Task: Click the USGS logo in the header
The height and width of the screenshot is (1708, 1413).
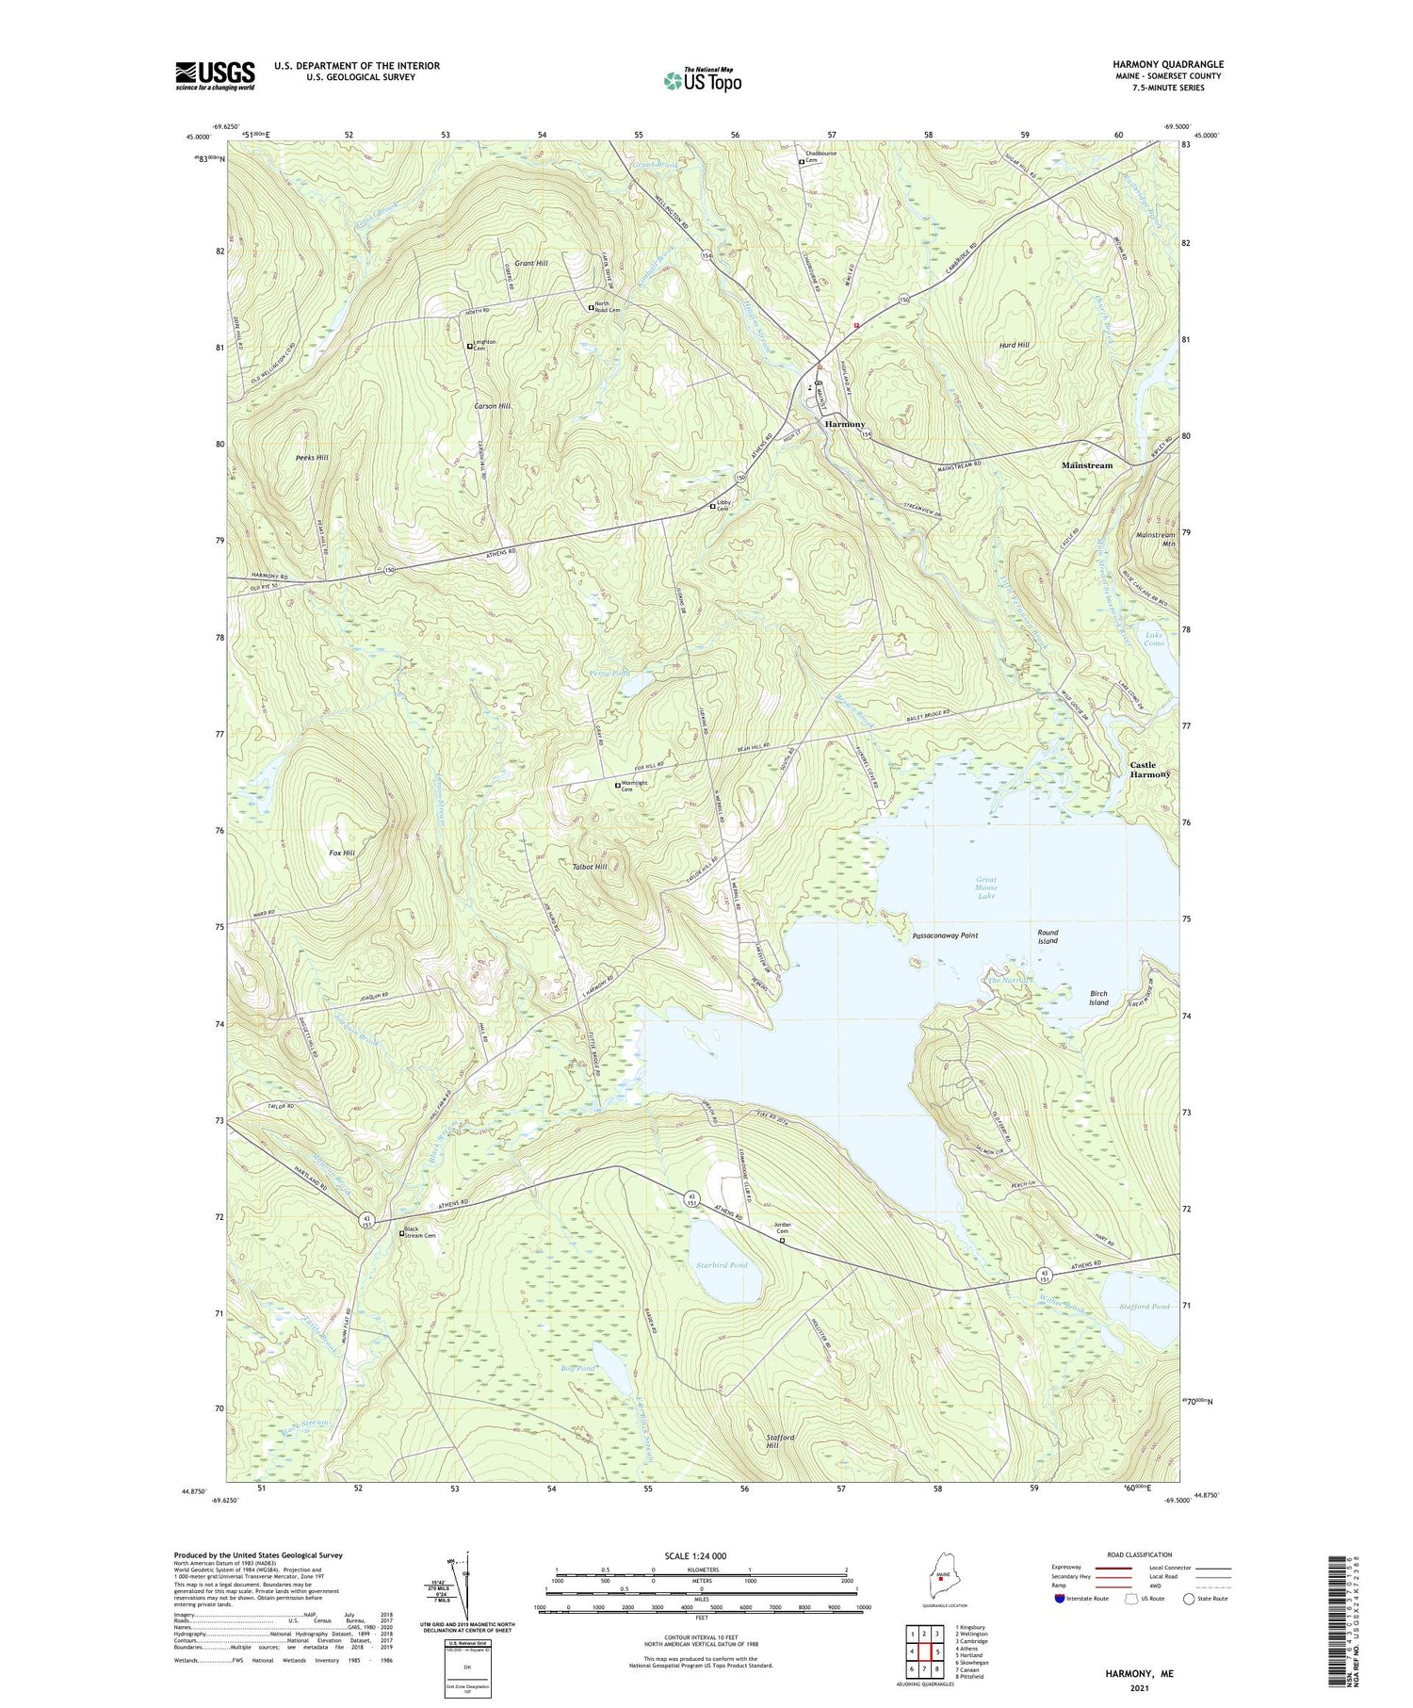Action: coord(215,75)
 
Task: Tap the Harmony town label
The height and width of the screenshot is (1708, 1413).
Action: coord(844,425)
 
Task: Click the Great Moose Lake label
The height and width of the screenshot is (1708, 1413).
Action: coord(986,887)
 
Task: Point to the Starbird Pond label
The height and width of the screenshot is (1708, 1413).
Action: coord(721,1265)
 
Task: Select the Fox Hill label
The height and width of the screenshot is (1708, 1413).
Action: coord(342,853)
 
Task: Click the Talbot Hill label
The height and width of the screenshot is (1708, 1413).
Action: coord(589,866)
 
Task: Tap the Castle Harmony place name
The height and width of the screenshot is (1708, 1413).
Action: coord(1149,770)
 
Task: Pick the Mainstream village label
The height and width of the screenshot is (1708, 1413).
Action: coord(1086,465)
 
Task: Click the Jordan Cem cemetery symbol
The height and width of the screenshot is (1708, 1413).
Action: coord(782,1241)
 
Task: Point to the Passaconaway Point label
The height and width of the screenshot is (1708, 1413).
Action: coord(945,936)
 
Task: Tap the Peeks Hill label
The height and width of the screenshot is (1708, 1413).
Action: coord(311,458)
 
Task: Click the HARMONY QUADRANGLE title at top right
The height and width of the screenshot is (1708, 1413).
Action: coord(1167,64)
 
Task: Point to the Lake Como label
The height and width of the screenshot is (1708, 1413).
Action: coord(1154,639)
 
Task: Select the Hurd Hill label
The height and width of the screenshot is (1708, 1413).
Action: coord(1014,345)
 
